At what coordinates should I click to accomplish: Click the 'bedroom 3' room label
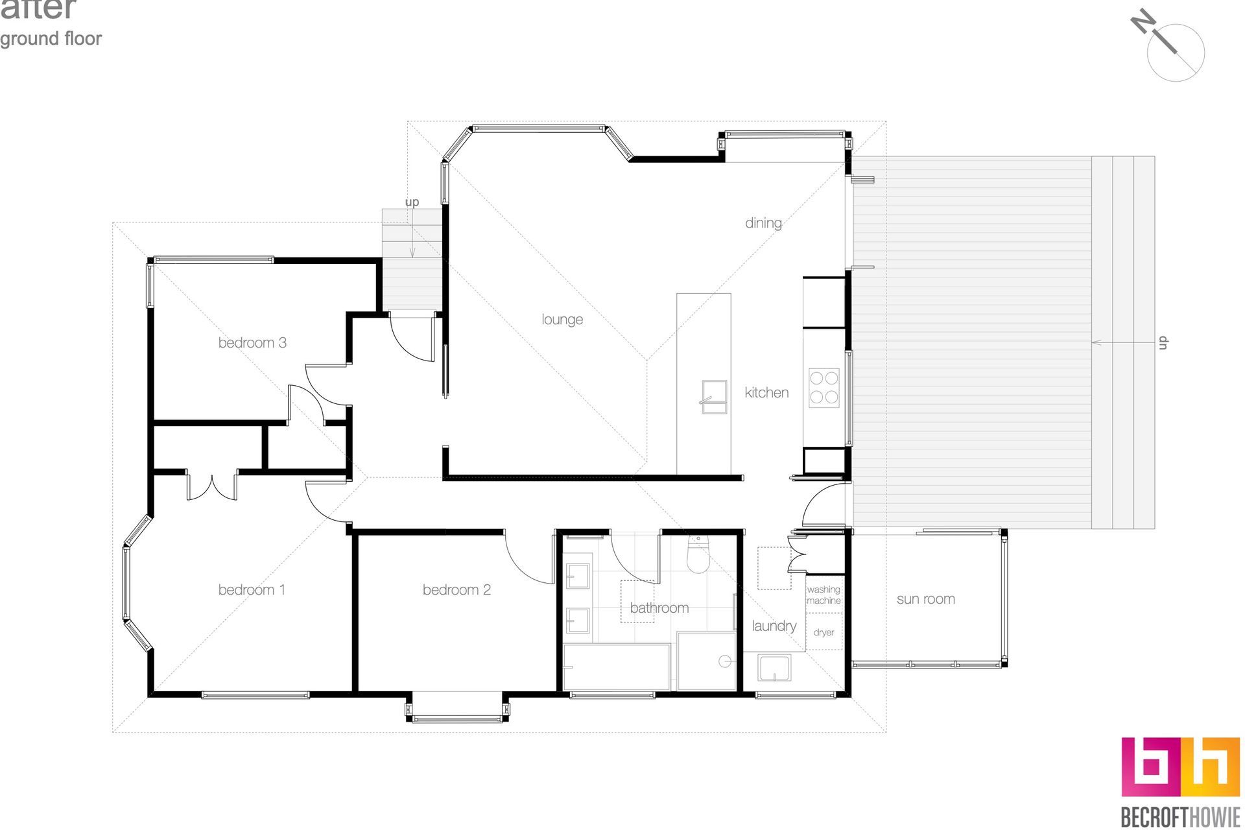tap(252, 343)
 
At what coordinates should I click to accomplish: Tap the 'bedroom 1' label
tap(252, 590)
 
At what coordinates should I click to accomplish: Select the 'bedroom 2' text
tap(456, 590)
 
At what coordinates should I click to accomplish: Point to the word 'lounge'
tap(562, 320)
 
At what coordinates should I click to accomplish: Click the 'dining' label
tap(763, 223)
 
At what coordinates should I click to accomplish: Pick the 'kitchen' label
tap(766, 392)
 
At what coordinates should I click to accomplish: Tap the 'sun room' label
tap(926, 599)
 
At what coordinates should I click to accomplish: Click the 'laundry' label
tap(774, 626)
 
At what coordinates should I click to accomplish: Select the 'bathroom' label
tap(659, 608)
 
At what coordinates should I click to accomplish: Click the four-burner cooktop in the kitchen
tap(824, 388)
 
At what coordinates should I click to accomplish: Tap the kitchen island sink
tap(714, 397)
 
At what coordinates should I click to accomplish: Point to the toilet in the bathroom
tap(698, 555)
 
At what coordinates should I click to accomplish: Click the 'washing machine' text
tap(824, 595)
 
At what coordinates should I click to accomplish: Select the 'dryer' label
tap(824, 632)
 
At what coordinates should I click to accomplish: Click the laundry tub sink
tap(774, 669)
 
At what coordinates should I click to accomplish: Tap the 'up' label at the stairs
tap(412, 202)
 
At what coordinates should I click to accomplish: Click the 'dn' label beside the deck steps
tap(1163, 342)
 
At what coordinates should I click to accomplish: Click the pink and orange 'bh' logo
tap(1180, 767)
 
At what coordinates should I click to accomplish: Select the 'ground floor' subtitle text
tap(51, 39)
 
